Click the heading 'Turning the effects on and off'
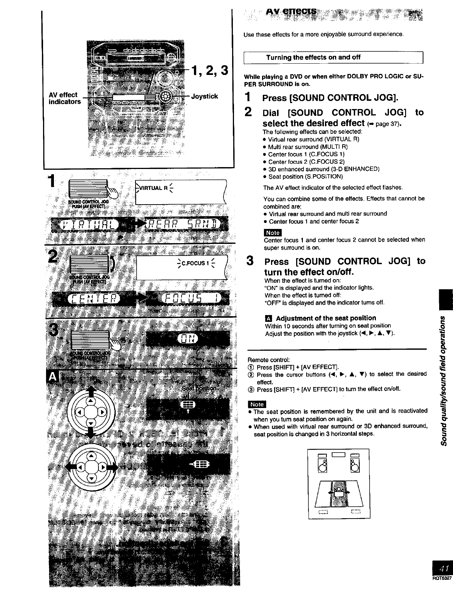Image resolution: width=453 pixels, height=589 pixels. tap(313, 57)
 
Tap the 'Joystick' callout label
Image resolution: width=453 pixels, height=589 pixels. tap(204, 96)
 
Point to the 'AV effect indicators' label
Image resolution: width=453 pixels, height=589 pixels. tap(64, 98)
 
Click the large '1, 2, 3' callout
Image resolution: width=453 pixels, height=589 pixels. tap(209, 70)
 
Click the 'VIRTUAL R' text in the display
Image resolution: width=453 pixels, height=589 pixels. tap(152, 188)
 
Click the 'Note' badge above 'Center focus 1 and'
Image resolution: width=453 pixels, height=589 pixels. tap(273, 233)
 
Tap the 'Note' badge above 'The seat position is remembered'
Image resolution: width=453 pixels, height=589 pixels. tap(256, 404)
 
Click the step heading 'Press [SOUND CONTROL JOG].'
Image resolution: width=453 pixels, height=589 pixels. tap(330, 98)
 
